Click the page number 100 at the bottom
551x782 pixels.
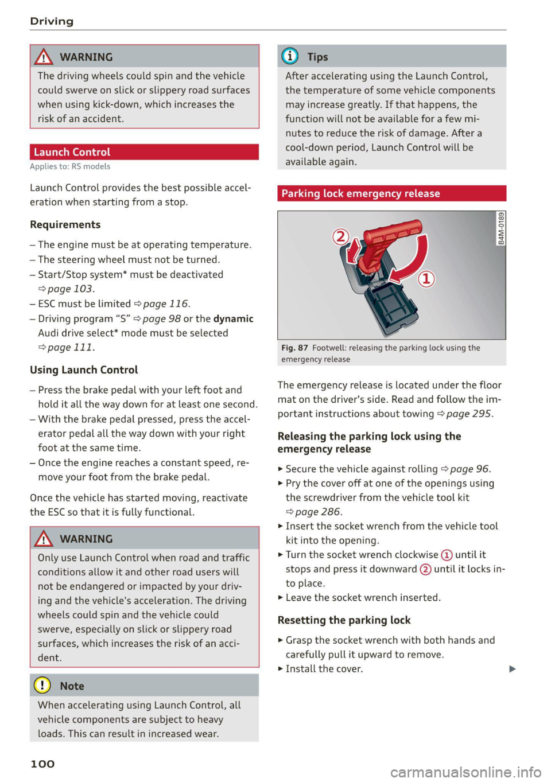(42, 764)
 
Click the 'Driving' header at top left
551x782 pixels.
(52, 21)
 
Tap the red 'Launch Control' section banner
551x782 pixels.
(144, 152)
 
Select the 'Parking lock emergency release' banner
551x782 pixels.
(391, 193)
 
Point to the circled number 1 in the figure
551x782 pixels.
(426, 279)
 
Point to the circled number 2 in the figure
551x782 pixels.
(341, 236)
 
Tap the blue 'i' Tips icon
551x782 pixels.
(290, 56)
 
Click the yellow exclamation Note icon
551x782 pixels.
(42, 685)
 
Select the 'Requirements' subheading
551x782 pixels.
(65, 224)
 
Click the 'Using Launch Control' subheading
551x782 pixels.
(84, 370)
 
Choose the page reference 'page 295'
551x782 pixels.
(468, 414)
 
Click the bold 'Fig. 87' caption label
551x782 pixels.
(294, 348)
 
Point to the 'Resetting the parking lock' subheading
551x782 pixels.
(344, 620)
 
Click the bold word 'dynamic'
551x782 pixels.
(233, 319)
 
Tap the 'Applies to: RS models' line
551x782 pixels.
(70, 166)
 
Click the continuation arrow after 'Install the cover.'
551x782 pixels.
(512, 669)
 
